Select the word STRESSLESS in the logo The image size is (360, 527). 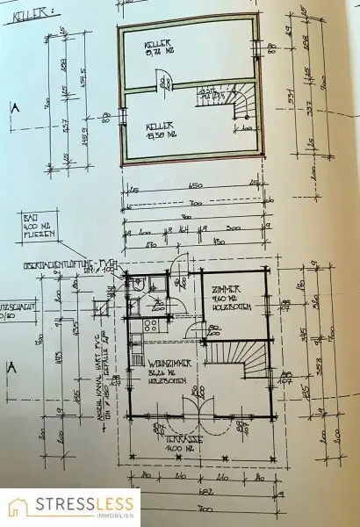85,503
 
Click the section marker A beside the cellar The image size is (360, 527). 13,109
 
